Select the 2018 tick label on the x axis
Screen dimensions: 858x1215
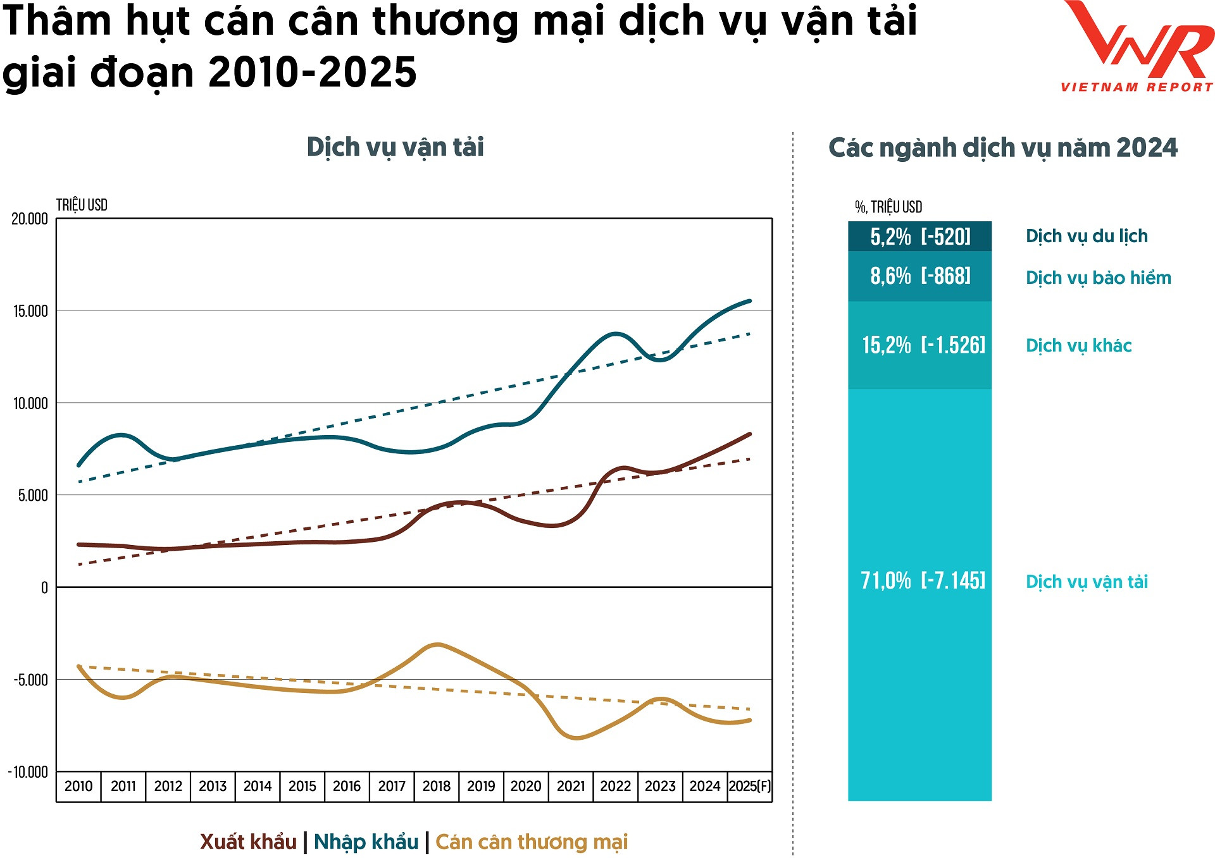436,786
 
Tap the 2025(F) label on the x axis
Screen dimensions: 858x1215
750,786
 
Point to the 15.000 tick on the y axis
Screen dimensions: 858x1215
30,311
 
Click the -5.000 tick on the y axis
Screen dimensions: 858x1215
30,680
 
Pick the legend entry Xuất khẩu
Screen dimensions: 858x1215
248,842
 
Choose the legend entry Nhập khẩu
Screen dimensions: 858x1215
366,842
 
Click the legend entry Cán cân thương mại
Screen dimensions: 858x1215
532,842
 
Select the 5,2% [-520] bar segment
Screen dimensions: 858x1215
919,236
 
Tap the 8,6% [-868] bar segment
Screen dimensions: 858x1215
919,276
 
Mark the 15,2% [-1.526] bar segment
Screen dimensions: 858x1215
919,345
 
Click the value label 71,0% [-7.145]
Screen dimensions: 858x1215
923,580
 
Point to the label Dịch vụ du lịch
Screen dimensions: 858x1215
1087,236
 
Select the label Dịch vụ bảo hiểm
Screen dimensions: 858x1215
1098,278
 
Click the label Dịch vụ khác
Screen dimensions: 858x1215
1078,346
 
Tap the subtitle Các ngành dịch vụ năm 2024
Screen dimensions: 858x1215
1003,148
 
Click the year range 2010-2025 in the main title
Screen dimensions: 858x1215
312,72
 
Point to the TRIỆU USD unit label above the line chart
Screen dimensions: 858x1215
82,205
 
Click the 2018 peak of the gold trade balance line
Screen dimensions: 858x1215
438,645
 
